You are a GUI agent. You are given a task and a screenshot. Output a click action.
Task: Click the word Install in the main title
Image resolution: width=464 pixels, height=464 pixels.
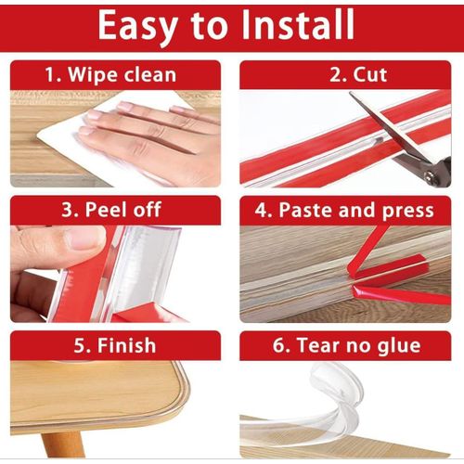click(298, 24)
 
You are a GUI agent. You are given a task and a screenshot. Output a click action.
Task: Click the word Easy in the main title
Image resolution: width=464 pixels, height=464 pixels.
click(138, 27)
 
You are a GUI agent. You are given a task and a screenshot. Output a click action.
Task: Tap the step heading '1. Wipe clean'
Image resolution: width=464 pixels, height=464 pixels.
click(110, 75)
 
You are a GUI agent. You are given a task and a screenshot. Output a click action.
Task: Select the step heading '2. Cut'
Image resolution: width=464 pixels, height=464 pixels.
click(358, 74)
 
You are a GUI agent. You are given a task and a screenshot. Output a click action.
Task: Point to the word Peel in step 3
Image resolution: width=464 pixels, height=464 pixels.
click(106, 210)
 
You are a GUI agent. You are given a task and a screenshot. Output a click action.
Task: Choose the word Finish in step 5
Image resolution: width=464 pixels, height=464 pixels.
click(126, 345)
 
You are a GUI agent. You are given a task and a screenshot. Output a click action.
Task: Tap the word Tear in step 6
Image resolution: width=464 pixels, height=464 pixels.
click(319, 345)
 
